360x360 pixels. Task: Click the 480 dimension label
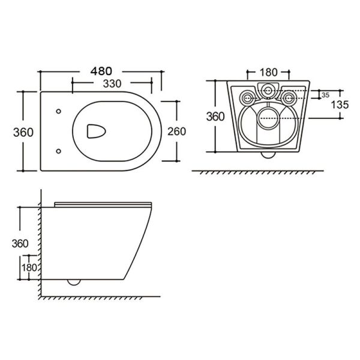[101, 71]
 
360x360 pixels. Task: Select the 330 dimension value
[112, 84]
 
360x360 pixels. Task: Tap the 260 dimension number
[176, 131]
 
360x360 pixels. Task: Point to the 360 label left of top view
[23, 133]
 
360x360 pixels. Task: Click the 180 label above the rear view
[268, 73]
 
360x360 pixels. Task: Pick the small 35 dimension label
[325, 95]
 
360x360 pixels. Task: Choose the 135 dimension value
[340, 105]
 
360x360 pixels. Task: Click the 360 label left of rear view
[215, 116]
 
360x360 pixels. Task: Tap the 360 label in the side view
[20, 244]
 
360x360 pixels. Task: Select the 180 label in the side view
[29, 268]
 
